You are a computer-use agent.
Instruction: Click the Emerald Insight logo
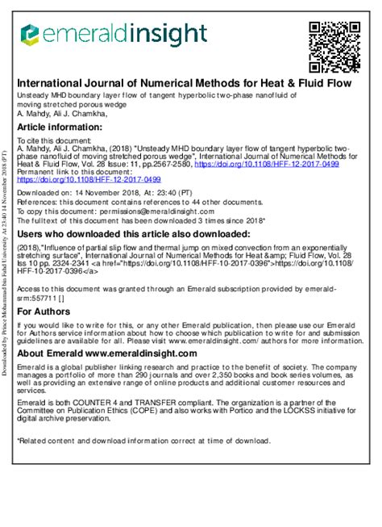coord(114,34)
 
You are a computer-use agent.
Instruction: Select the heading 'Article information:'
coord(60,128)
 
